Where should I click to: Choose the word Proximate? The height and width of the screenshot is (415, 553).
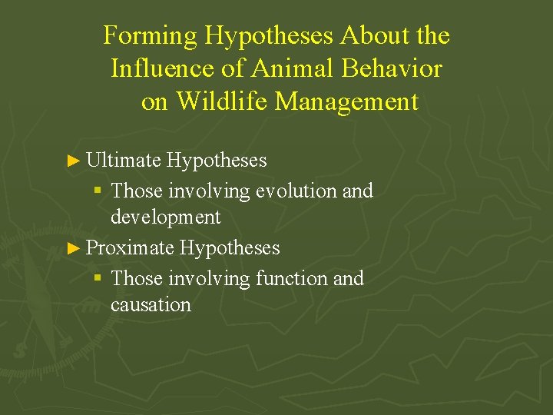click(129, 247)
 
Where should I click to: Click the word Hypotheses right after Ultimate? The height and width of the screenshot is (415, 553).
click(217, 161)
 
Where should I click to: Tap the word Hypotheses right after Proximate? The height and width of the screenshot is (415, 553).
click(229, 248)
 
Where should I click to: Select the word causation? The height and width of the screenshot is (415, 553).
click(151, 304)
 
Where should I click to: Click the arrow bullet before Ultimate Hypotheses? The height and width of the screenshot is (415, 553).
click(74, 161)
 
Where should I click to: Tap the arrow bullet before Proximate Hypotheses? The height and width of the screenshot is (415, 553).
click(74, 248)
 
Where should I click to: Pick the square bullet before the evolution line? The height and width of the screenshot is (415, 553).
click(98, 191)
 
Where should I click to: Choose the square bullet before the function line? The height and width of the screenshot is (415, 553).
click(98, 278)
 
